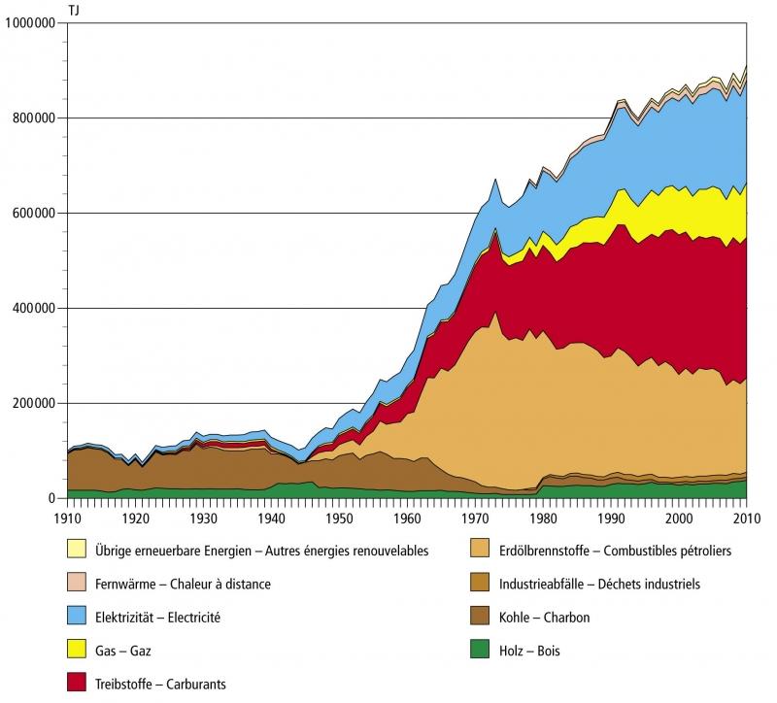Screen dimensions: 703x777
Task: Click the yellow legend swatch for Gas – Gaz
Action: point(77,651)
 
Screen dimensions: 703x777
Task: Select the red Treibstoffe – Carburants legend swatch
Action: point(77,684)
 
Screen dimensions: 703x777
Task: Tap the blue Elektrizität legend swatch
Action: point(77,618)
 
